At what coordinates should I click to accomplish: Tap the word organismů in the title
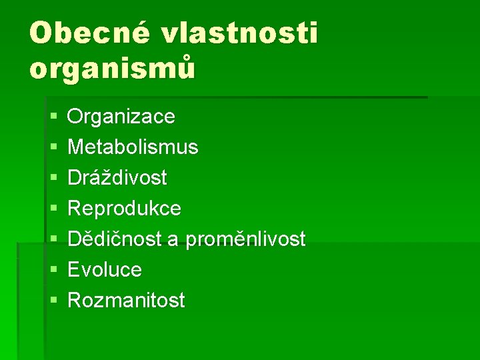click(x=113, y=68)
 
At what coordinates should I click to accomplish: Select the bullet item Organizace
click(x=121, y=117)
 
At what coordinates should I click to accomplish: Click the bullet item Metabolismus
click(x=133, y=147)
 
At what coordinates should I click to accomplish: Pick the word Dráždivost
click(x=117, y=178)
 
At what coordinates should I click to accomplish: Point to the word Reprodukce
click(x=124, y=209)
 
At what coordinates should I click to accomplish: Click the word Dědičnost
click(x=115, y=239)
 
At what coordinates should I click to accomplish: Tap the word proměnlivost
click(x=245, y=239)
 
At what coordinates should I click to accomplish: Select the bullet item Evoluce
click(x=105, y=270)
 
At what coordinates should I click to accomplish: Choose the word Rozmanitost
click(x=126, y=301)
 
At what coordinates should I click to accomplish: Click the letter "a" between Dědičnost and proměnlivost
click(x=173, y=241)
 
